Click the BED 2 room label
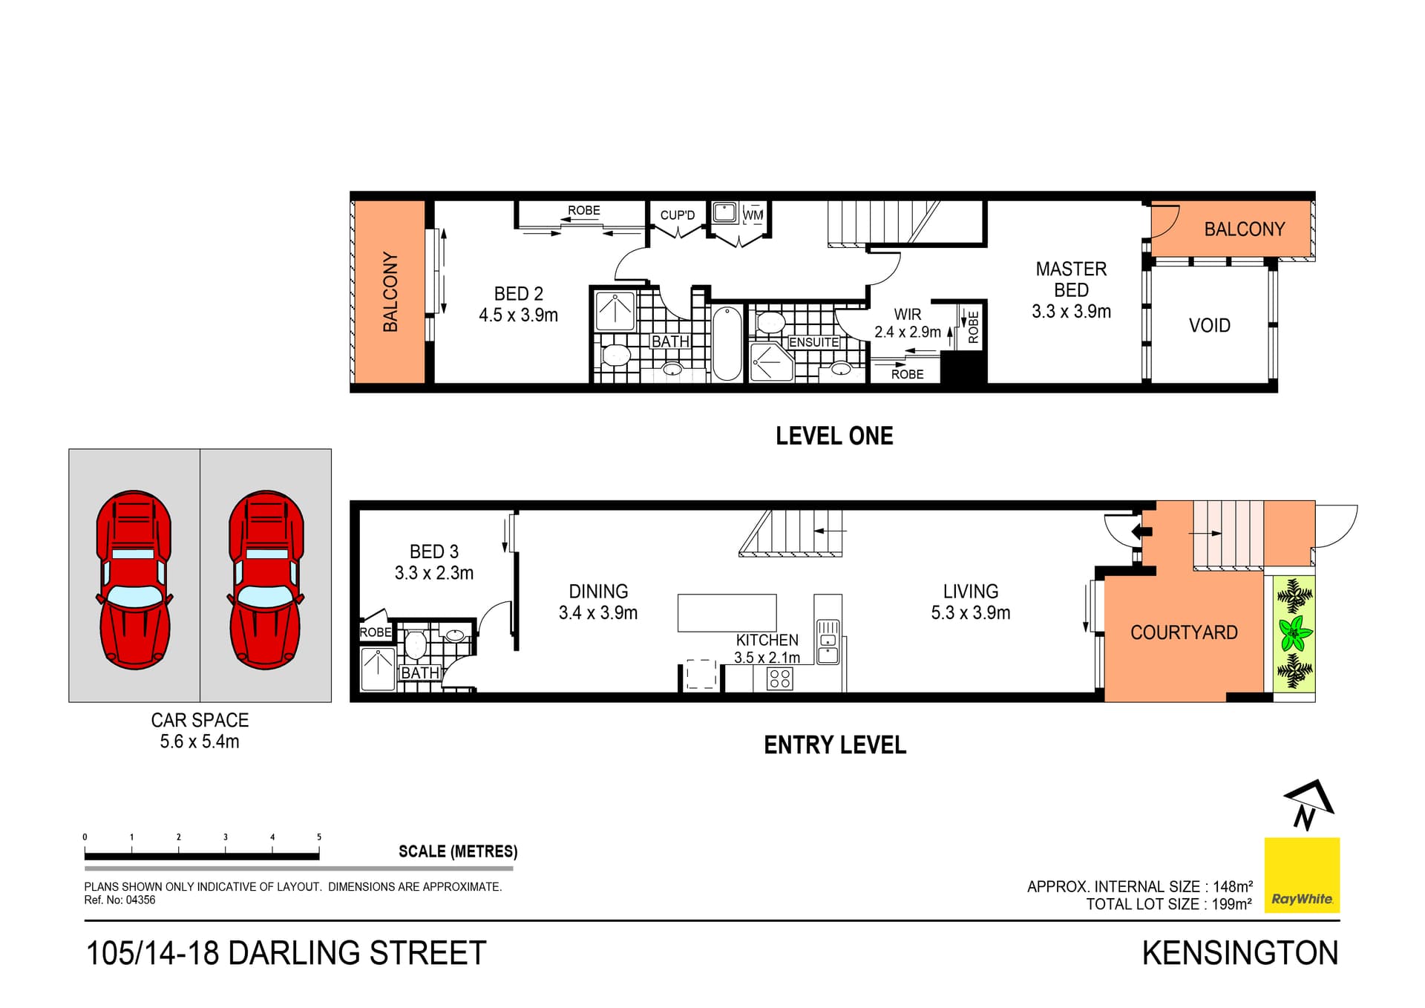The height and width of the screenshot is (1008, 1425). [x=518, y=294]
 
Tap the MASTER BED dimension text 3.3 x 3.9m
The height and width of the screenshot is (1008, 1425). [x=1071, y=312]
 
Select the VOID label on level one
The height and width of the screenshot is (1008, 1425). [x=1209, y=325]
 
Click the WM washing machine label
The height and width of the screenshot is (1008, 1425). [x=753, y=215]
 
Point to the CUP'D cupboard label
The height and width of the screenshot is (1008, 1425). [x=677, y=215]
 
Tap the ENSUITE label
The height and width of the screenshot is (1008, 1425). [x=813, y=342]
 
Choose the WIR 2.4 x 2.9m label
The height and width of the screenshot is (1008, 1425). [x=907, y=324]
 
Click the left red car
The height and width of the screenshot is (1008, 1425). [x=134, y=580]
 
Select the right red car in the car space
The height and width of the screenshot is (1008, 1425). [x=266, y=580]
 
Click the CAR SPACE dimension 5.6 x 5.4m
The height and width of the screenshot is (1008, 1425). [x=200, y=742]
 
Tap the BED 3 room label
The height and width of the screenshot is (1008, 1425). [x=433, y=552]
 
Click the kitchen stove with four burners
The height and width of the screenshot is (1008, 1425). [x=779, y=678]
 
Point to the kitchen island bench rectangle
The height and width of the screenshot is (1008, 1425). [x=727, y=612]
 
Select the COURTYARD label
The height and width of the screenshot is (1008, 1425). [x=1183, y=632]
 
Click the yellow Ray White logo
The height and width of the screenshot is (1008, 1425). [x=1302, y=875]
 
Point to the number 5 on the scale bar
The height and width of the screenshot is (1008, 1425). [x=319, y=837]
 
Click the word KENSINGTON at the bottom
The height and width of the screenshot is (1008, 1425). [x=1239, y=953]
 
